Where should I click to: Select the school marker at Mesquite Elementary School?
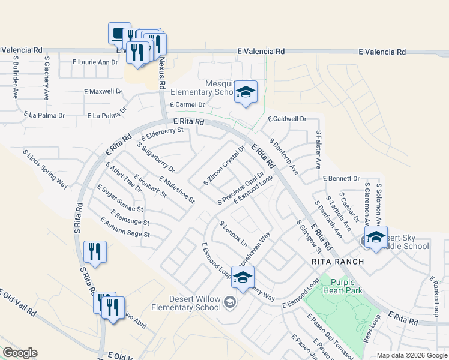[246, 92]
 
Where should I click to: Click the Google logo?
[20, 353]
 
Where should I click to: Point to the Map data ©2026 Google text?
[411, 355]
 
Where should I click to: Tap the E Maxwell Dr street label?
[103, 92]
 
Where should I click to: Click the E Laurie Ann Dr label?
[95, 62]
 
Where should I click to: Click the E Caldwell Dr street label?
[287, 119]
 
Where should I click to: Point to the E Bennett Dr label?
[341, 178]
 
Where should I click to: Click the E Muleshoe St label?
[177, 189]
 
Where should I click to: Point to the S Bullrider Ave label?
[14, 78]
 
